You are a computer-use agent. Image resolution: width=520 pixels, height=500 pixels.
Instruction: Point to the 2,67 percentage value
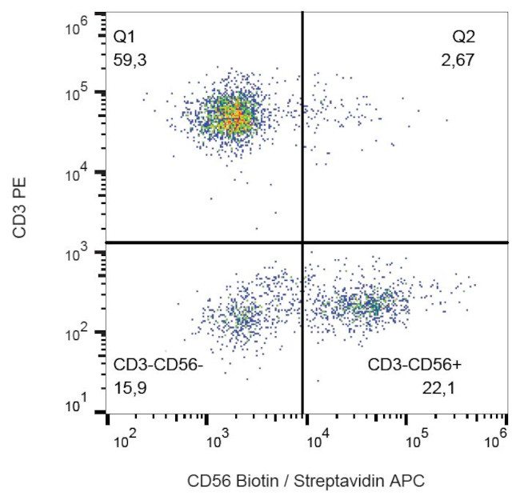[x=461, y=59]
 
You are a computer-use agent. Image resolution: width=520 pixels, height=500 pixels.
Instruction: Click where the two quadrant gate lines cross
[x=302, y=242]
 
